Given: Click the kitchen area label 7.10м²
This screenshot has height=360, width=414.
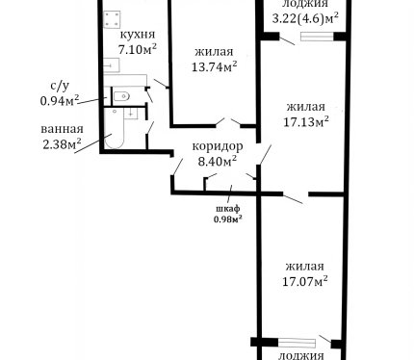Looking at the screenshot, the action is click(x=138, y=49).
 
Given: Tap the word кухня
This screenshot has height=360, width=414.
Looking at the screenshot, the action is click(x=138, y=34).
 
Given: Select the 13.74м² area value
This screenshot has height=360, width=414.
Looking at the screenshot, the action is click(x=215, y=66).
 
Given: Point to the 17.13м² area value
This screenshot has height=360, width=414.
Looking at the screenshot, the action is click(x=306, y=121).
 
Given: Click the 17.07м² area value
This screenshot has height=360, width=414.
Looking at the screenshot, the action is click(x=305, y=281).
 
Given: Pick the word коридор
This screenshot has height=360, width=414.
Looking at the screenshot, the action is click(x=218, y=146).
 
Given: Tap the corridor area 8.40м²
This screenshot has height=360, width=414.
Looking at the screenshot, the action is click(x=218, y=161).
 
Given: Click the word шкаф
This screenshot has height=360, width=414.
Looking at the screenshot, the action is click(x=227, y=209).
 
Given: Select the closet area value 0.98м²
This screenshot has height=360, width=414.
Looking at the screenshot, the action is click(x=227, y=219).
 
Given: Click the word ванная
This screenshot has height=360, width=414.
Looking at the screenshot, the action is click(x=62, y=129).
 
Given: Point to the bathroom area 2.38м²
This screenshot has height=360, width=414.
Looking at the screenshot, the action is click(x=62, y=144).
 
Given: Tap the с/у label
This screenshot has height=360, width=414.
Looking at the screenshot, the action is click(x=60, y=86).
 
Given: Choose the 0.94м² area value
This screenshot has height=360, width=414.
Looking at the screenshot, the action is click(x=60, y=101).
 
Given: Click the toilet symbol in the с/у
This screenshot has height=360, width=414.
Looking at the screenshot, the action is click(x=121, y=96).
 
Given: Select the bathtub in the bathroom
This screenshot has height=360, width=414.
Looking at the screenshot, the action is click(x=115, y=128).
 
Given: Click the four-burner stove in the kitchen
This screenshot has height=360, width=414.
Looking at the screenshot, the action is click(x=112, y=19).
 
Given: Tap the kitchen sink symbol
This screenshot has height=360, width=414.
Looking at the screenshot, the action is click(x=112, y=65).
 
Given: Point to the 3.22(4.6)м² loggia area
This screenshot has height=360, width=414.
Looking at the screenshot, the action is click(x=305, y=18).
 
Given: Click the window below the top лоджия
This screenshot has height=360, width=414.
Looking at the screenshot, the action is click(x=317, y=37).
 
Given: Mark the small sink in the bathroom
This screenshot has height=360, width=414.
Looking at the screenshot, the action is click(x=131, y=114).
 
